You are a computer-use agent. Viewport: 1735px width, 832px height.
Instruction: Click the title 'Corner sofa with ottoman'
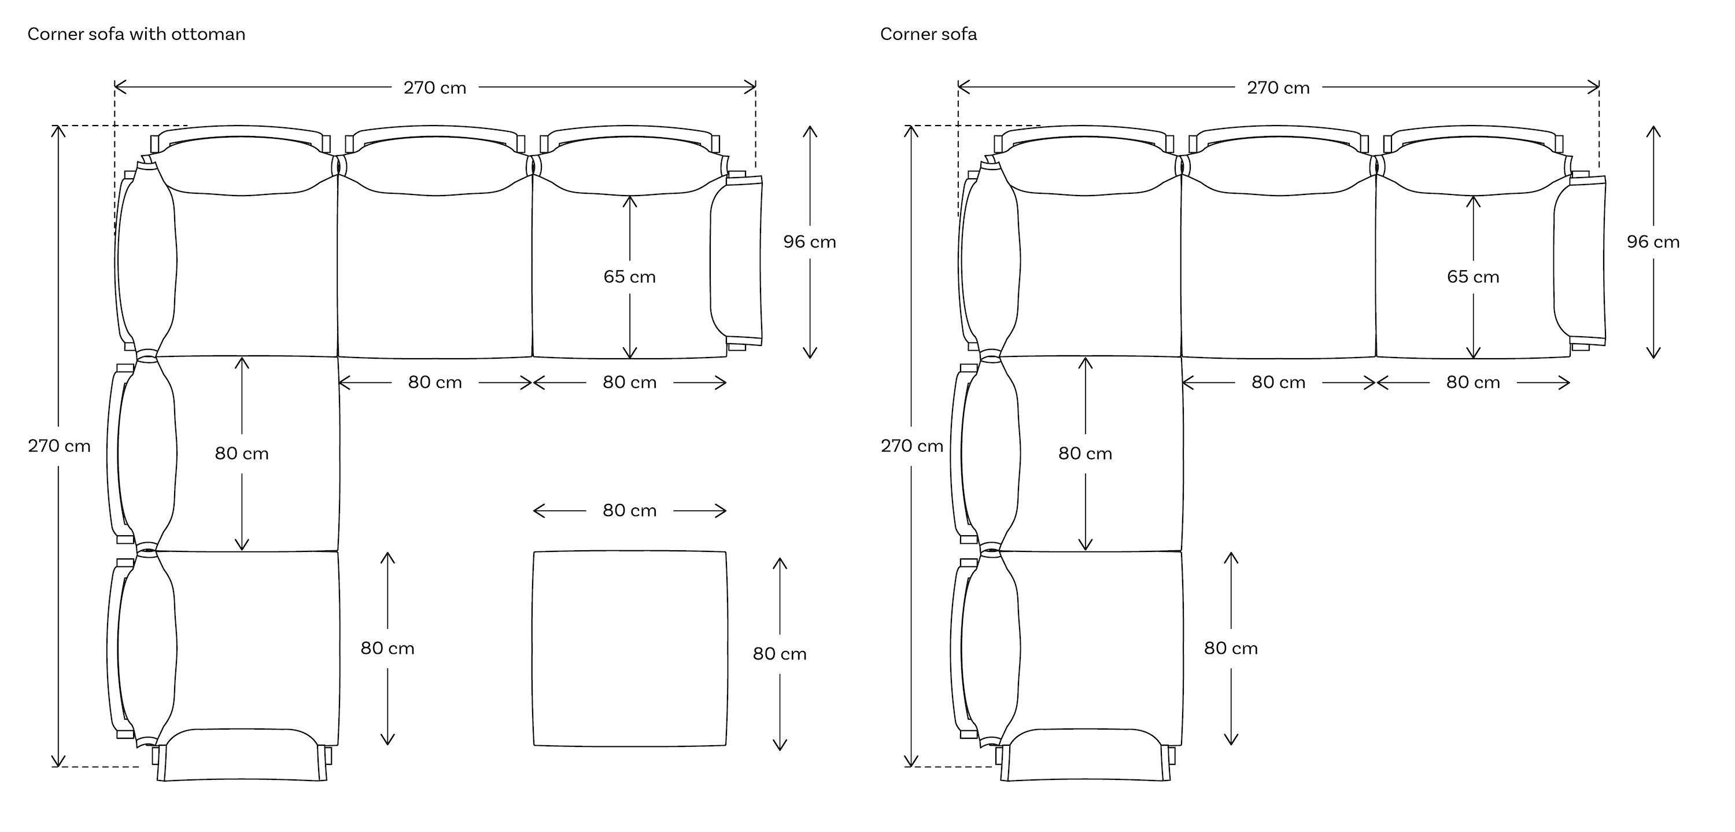[x=136, y=34]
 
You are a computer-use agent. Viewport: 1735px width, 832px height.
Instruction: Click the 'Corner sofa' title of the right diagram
[x=928, y=34]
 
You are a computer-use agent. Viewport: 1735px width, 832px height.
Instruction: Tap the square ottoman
[x=630, y=649]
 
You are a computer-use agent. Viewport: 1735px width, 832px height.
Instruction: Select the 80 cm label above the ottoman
[x=630, y=511]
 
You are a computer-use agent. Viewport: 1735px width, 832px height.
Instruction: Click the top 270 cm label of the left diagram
[x=435, y=87]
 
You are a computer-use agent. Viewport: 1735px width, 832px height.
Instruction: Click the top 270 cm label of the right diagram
[x=1278, y=87]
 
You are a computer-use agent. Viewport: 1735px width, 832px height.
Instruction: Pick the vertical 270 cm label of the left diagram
[x=59, y=446]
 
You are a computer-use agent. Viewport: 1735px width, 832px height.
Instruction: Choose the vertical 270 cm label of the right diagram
[x=912, y=446]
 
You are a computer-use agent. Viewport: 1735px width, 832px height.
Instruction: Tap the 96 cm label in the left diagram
[x=810, y=242]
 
